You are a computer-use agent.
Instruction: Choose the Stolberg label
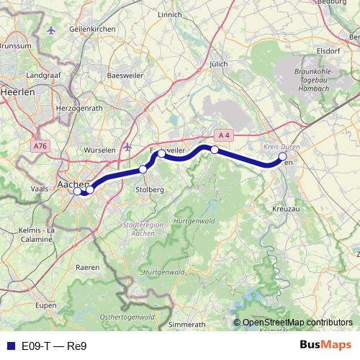click(150, 189)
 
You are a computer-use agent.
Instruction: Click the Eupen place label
click(46, 305)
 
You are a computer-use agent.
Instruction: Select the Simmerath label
click(186, 325)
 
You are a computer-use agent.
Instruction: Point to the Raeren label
click(89, 267)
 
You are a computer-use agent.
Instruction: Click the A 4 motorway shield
click(225, 135)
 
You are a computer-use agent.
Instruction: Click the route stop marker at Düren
click(283, 156)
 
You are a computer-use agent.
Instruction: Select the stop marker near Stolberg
click(143, 169)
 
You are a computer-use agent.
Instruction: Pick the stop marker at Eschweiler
click(162, 153)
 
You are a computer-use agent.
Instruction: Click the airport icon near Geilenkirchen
click(51, 30)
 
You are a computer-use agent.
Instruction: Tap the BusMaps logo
click(325, 346)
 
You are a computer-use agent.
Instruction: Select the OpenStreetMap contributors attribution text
click(297, 323)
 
